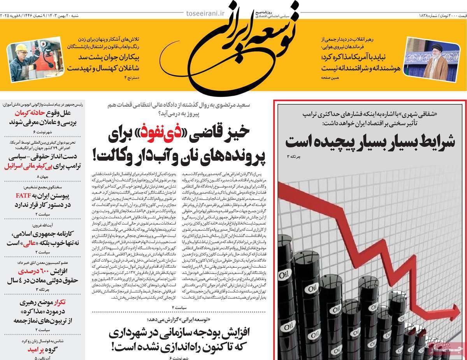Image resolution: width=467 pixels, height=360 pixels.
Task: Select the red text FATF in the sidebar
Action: (x=21, y=195)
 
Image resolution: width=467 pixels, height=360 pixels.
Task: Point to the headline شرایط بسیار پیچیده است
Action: (x=370, y=141)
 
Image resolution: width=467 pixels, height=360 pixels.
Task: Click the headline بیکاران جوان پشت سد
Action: (x=103, y=57)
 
